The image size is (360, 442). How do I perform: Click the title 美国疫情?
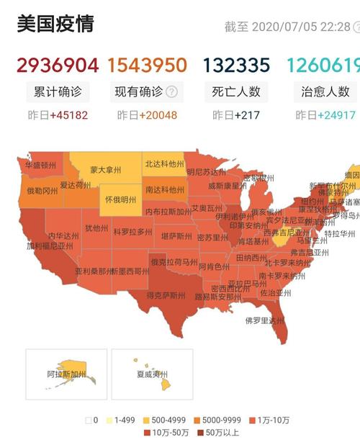[55, 24]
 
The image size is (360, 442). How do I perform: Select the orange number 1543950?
[148, 66]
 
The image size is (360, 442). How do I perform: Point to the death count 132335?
[235, 66]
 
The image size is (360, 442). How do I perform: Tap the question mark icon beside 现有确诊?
[171, 91]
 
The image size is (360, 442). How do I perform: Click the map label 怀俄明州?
[120, 199]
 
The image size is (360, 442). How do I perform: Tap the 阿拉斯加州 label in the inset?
[66, 375]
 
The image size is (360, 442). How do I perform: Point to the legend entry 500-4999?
[170, 420]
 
